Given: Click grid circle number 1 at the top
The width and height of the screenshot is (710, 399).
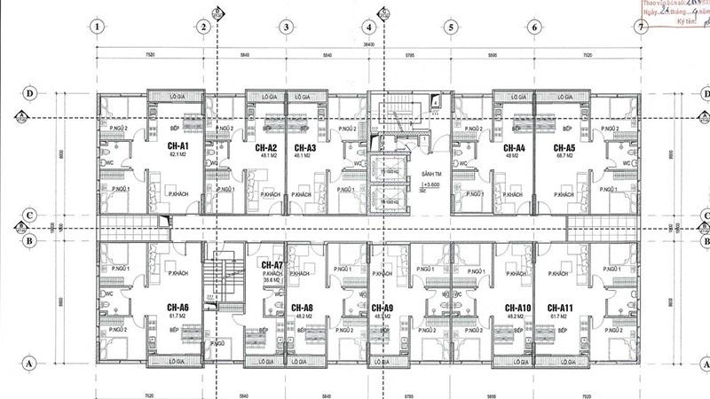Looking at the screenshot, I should click(94, 27).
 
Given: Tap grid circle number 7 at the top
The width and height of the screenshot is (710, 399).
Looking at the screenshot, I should click(640, 27).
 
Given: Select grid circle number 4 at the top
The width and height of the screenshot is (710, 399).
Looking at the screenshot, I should click(367, 27).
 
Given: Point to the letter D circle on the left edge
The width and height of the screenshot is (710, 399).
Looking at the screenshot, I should click(29, 92).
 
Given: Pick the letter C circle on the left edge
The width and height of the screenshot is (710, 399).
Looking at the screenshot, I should click(29, 215).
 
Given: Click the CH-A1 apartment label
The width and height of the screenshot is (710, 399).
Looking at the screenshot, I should click(178, 146).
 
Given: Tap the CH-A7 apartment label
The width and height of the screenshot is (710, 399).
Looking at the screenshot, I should click(272, 265).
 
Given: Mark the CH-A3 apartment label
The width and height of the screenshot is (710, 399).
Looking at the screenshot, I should click(305, 147).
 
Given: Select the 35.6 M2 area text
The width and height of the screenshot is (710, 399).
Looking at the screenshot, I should click(272, 280).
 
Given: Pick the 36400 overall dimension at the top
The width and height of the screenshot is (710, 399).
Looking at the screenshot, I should click(367, 42).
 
